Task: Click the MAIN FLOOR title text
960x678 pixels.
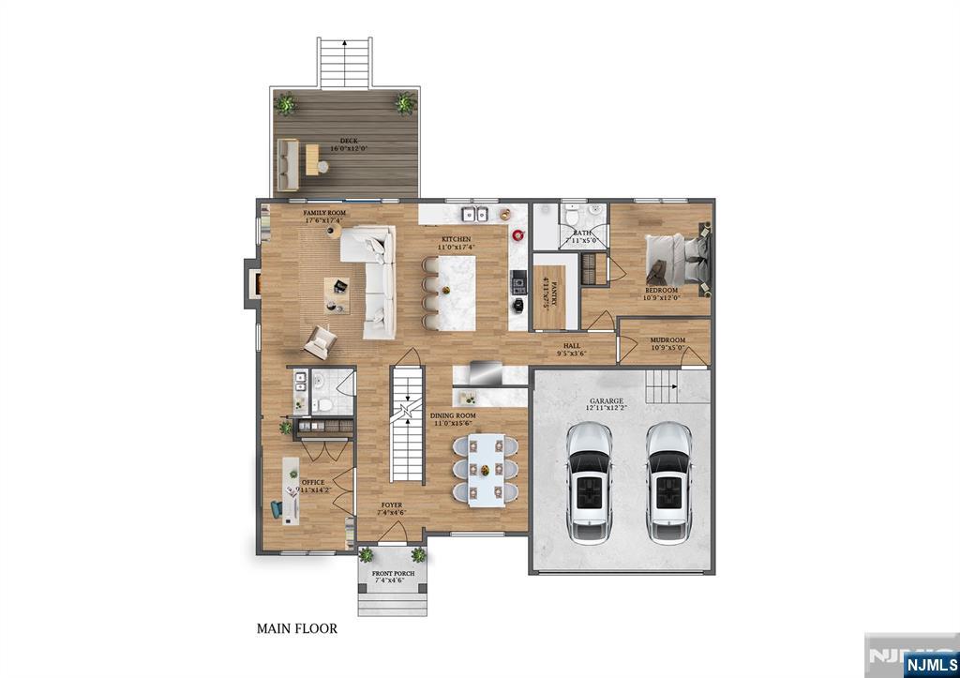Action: pyautogui.click(x=297, y=629)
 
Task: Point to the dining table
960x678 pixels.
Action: pyautogui.click(x=486, y=469)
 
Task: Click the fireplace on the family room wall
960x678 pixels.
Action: pyautogui.click(x=251, y=283)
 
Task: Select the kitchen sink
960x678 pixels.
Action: pyautogui.click(x=479, y=214)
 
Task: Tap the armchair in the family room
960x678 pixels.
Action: pyautogui.click(x=317, y=341)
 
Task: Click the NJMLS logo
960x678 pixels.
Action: pyautogui.click(x=931, y=664)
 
